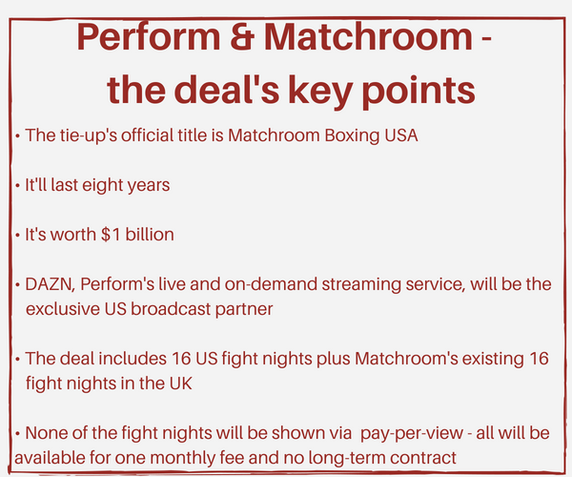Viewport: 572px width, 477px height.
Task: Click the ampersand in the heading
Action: pos(242,37)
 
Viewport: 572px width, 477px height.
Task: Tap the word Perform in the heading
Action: pos(149,37)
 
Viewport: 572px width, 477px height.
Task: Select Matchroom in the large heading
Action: pos(368,37)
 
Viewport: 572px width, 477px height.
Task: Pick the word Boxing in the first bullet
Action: pos(347,136)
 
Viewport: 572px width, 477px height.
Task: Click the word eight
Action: pos(99,185)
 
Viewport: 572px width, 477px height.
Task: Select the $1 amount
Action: pos(111,235)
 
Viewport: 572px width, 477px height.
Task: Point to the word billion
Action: pos(150,235)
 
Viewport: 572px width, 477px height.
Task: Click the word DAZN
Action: pos(51,284)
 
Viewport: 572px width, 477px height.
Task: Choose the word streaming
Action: pos(361,285)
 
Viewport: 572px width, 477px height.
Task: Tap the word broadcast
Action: pos(171,309)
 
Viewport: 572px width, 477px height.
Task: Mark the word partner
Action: pos(244,310)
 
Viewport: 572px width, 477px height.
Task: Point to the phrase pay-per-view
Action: pos(412,434)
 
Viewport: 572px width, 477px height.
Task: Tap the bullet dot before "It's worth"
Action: pos(17,236)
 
